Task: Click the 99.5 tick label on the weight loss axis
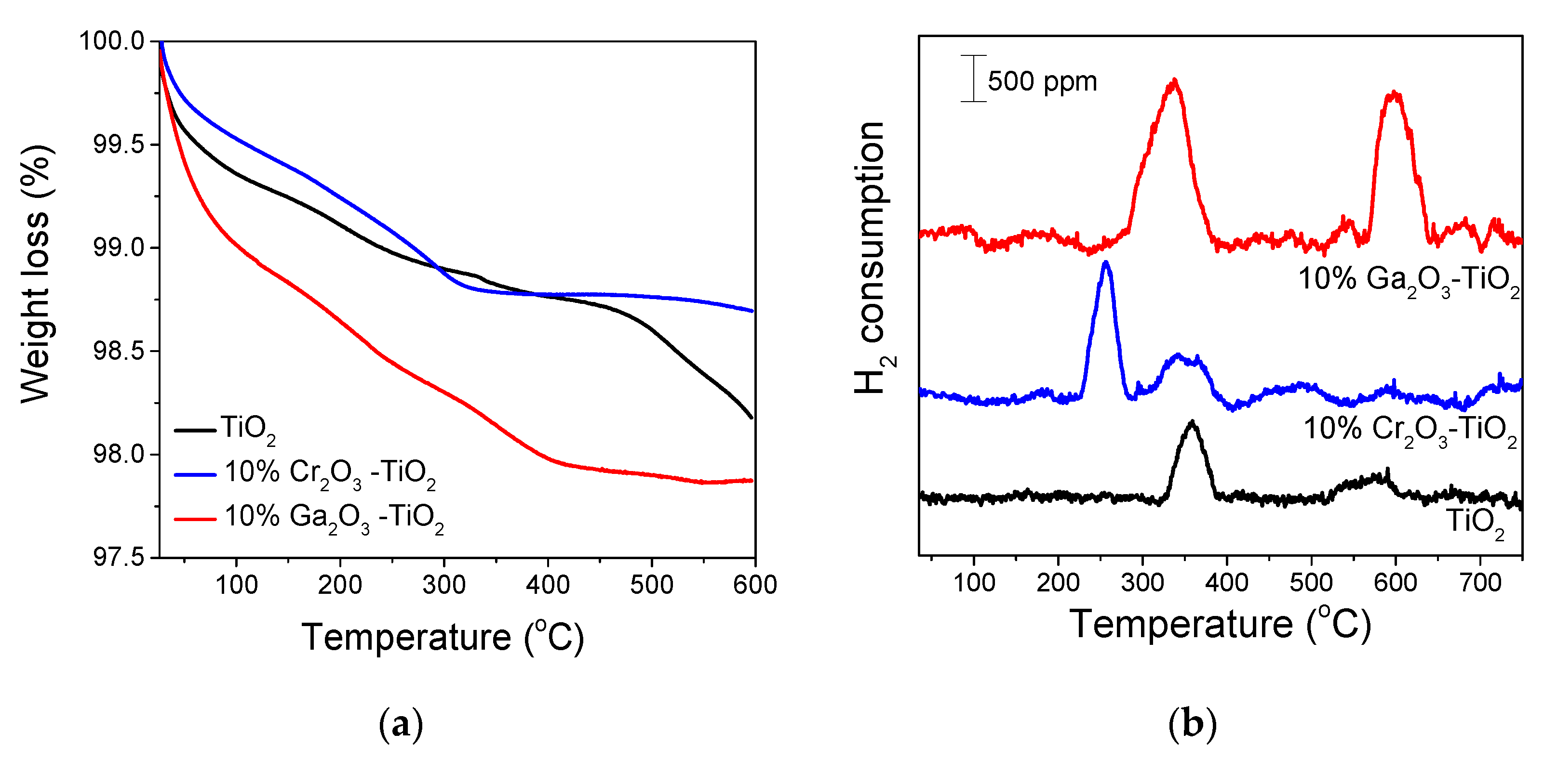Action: tap(119, 144)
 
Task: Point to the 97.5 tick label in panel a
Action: tap(119, 558)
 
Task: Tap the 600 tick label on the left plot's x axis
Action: tap(754, 585)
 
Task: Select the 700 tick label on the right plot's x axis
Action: tap(1480, 582)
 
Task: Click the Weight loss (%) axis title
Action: tap(36, 274)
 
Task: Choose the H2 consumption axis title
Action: tap(872, 258)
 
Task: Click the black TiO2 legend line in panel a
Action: tap(195, 430)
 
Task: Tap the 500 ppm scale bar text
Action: tap(1042, 81)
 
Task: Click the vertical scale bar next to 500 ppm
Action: tap(973, 79)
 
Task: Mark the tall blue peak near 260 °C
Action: tap(1106, 263)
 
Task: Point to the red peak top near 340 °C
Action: tap(1174, 81)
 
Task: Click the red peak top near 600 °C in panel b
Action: tap(1394, 93)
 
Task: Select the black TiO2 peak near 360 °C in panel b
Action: tap(1192, 423)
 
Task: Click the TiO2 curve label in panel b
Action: tap(1475, 521)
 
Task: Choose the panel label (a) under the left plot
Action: tap(401, 724)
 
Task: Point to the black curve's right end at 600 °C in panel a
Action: tap(751, 417)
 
